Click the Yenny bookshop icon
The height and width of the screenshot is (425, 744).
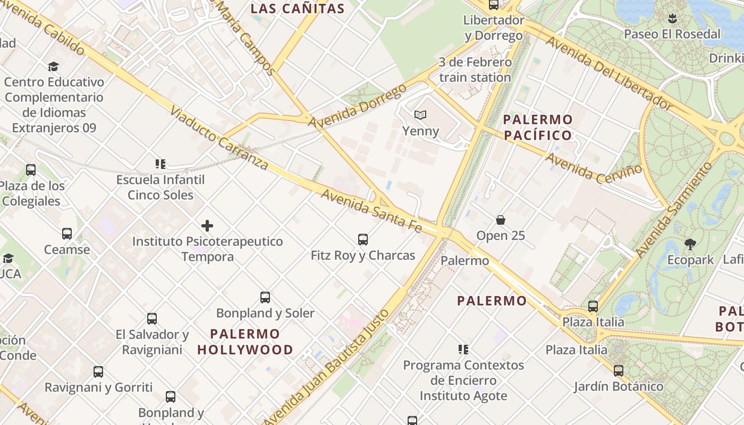420,115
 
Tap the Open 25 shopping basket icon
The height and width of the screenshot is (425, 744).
500,220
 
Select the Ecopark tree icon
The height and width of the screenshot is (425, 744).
690,244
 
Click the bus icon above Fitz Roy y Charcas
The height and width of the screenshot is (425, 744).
363,240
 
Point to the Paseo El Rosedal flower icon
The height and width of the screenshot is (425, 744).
672,19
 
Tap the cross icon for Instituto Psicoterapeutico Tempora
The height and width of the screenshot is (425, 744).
207,226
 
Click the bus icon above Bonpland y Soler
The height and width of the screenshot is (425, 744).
265,297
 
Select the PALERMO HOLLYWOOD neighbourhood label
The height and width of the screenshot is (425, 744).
245,342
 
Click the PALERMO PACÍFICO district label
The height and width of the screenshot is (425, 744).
538,127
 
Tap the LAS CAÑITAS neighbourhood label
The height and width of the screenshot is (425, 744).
298,8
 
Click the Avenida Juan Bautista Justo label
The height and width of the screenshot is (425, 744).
327,367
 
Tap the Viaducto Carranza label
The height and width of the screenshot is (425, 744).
219,138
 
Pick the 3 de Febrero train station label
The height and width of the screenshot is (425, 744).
475,70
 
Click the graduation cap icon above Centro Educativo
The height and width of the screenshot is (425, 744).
53,66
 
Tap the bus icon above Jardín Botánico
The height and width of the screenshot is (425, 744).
619,371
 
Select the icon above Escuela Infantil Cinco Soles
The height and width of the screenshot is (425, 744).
160,164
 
